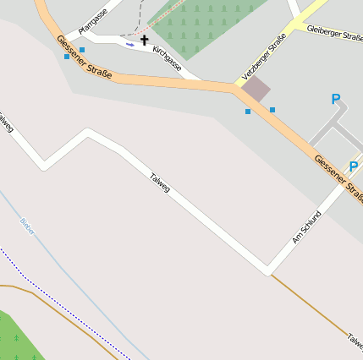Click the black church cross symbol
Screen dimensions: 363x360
tap(144, 40)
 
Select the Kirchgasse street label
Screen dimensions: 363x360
tap(167, 57)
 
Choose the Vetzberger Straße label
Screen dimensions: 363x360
tap(263, 57)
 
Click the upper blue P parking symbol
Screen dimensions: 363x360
tap(335, 100)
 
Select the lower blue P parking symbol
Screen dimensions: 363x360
tap(354, 167)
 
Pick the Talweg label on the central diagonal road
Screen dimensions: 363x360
tap(159, 183)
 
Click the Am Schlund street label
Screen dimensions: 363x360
tap(306, 226)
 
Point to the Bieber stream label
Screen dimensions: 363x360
tap(27, 227)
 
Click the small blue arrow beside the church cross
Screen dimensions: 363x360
tap(130, 44)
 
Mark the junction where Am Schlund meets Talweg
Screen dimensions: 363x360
tap(269, 271)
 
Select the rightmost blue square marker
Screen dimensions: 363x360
tap(272, 110)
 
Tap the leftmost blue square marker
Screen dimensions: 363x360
tap(67, 57)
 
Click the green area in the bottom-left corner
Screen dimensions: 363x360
tap(17, 340)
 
